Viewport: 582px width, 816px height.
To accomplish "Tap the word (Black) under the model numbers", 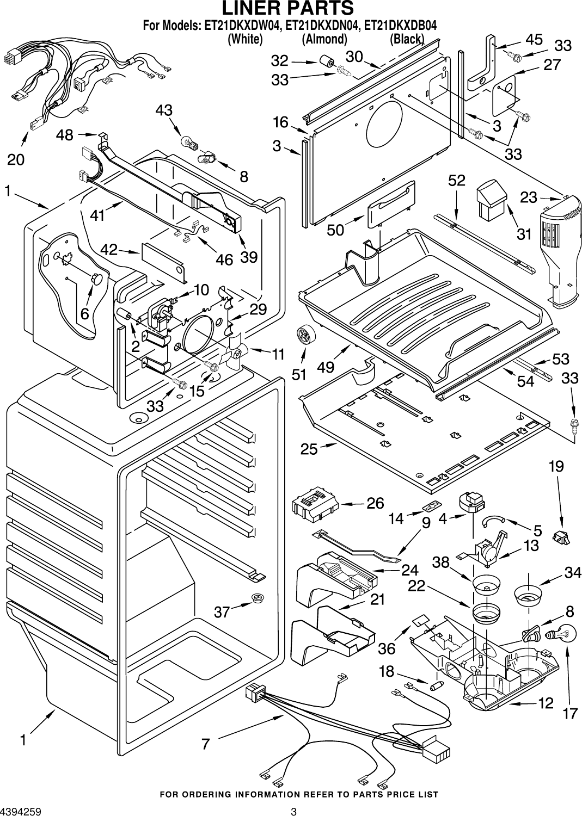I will [407, 39].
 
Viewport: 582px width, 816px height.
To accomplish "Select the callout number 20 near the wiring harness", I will [16, 159].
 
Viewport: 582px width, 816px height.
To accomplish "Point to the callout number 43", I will [164, 110].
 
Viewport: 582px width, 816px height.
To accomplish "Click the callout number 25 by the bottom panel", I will [309, 449].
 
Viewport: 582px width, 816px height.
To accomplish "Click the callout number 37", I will [222, 612].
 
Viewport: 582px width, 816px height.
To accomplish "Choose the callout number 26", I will [375, 503].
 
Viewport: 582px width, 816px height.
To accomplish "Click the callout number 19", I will [556, 466].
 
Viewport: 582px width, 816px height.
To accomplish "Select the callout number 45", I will [534, 39].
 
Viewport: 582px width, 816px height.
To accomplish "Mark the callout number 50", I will [335, 230].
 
